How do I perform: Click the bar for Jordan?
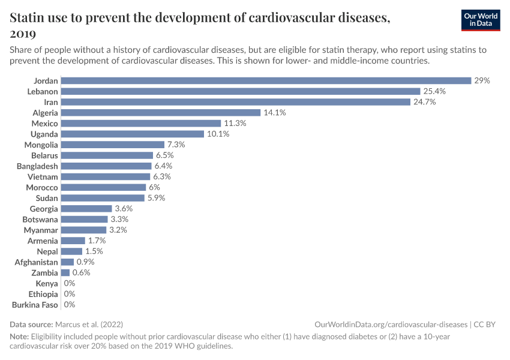266,80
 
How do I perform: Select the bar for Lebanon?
241,91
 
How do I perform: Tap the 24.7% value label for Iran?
424,102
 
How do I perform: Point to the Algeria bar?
161,112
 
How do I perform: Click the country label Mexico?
44,123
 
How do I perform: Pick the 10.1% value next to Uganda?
219,134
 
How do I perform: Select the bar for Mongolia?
113,145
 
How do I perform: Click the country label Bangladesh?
37,166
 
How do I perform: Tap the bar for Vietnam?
106,176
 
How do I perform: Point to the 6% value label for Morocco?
154,187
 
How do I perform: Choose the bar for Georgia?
86,209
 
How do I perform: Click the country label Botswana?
40,220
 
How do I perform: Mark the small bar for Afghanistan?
67,262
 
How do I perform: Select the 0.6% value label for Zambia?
82,273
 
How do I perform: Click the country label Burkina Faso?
35,305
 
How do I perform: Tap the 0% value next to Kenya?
69,283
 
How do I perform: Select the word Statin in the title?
29,17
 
